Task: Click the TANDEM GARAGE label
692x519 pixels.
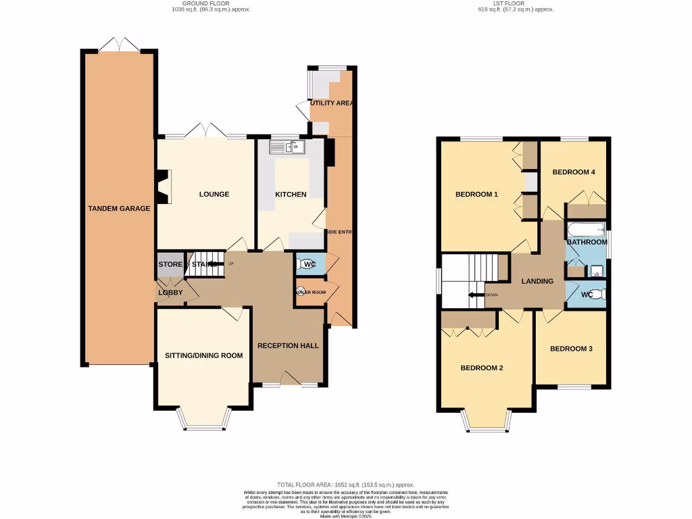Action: tap(119, 208)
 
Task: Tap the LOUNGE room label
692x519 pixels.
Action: tap(214, 194)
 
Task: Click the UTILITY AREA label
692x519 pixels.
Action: tap(332, 103)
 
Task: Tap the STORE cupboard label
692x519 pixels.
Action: tap(170, 264)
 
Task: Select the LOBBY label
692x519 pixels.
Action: tap(170, 293)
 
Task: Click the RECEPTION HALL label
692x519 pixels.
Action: tap(288, 345)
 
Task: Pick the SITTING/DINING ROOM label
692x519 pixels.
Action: tap(203, 355)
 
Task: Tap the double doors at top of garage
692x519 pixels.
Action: tap(120, 45)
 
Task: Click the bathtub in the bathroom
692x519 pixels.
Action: tap(585, 228)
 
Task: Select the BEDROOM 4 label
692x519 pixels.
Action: tap(573, 172)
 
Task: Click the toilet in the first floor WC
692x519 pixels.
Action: tap(601, 294)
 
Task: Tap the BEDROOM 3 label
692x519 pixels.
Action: tap(571, 349)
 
